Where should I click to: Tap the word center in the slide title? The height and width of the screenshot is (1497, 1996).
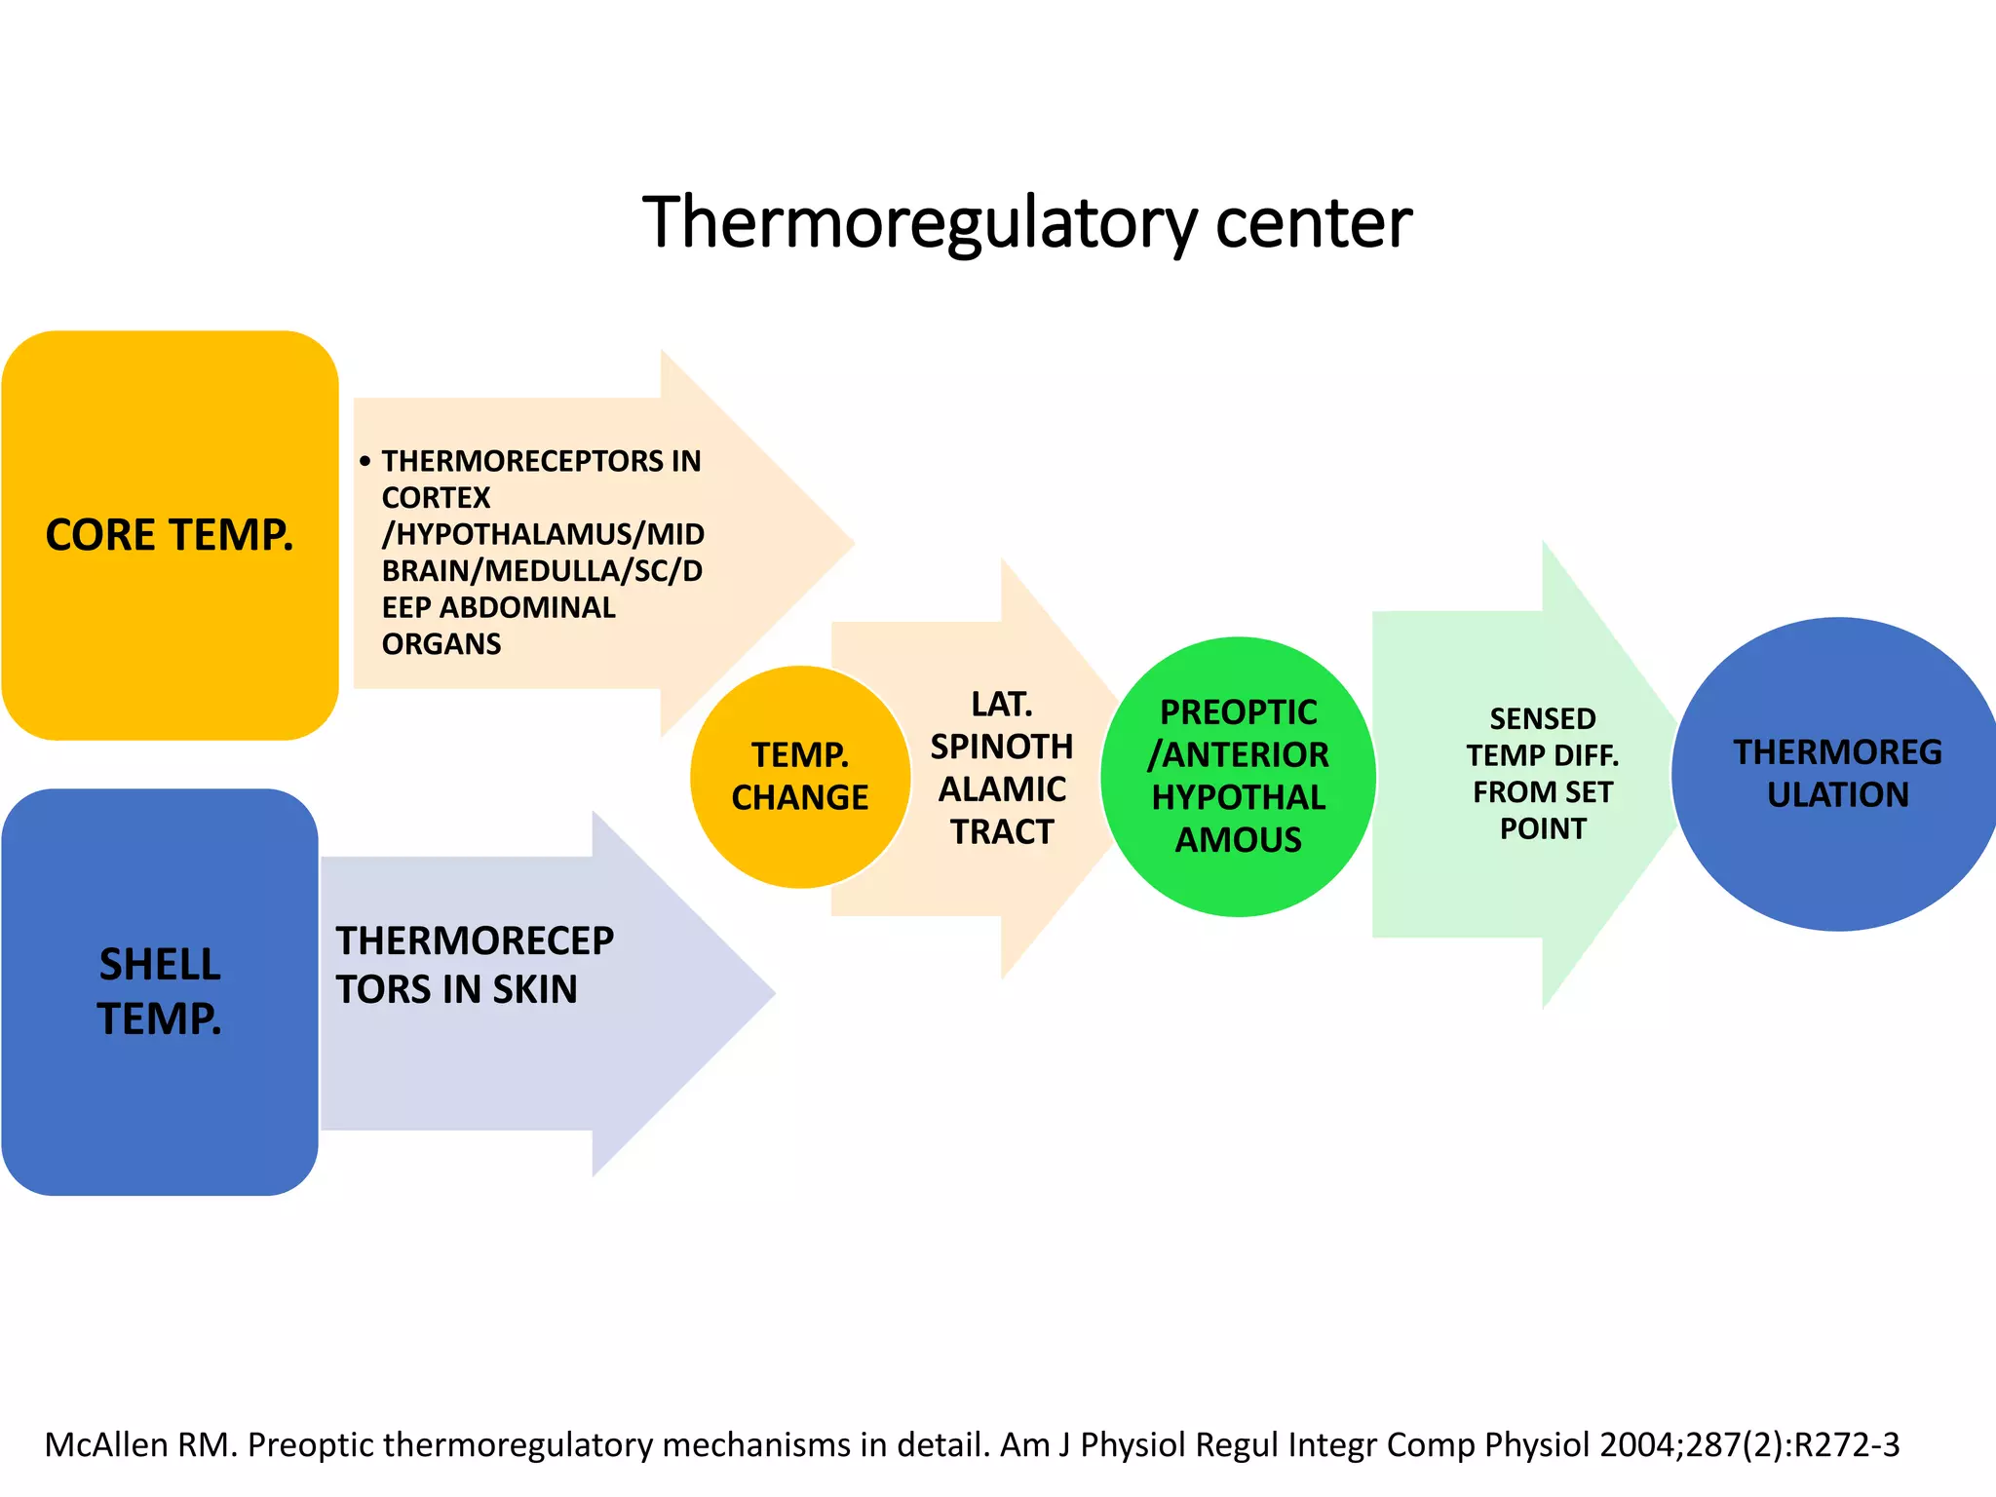[1313, 222]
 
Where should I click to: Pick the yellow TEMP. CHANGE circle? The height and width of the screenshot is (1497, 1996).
[800, 776]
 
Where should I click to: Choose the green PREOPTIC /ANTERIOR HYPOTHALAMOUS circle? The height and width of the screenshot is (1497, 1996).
[1238, 776]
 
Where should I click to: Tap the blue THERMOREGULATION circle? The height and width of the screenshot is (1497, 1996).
[1837, 774]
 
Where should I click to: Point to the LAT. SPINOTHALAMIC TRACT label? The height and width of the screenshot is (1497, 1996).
[1002, 767]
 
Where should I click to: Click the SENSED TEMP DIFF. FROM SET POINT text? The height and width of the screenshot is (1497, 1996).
[1542, 773]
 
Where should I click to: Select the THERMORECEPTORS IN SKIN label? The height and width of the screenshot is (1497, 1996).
[475, 965]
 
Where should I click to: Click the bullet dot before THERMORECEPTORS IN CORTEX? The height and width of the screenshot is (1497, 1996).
[365, 461]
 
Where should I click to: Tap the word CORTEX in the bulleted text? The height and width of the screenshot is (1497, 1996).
[436, 498]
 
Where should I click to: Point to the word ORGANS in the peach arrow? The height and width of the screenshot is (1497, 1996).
[441, 644]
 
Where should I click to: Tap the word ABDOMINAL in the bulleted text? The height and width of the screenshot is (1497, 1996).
[527, 607]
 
